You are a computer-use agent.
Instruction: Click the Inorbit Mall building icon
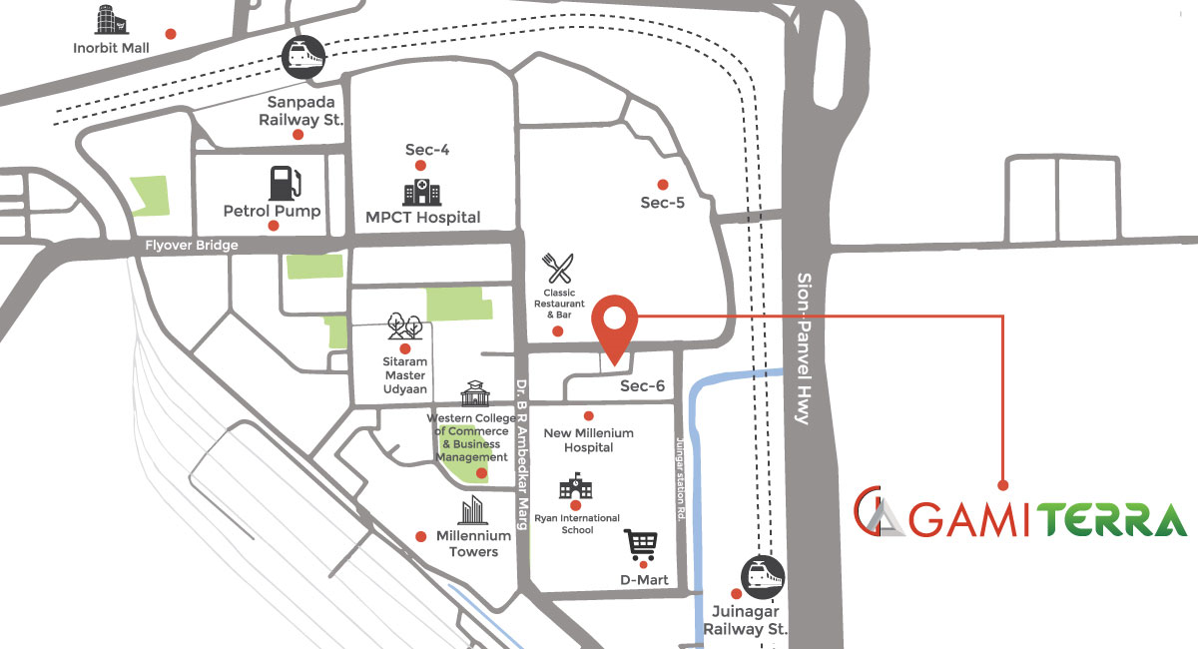pos(106,20)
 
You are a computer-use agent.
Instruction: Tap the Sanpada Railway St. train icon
pos(302,57)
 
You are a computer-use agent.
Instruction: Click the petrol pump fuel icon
pos(285,184)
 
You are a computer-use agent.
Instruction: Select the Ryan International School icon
pos(575,489)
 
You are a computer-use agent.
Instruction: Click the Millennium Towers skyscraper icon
pos(472,510)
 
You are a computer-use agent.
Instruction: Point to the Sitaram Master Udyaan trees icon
pos(404,326)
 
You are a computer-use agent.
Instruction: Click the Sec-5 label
pos(663,202)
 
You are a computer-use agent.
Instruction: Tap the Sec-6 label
pos(643,385)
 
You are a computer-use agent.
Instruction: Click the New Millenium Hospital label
pos(588,440)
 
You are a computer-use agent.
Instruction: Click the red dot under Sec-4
pos(420,166)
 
